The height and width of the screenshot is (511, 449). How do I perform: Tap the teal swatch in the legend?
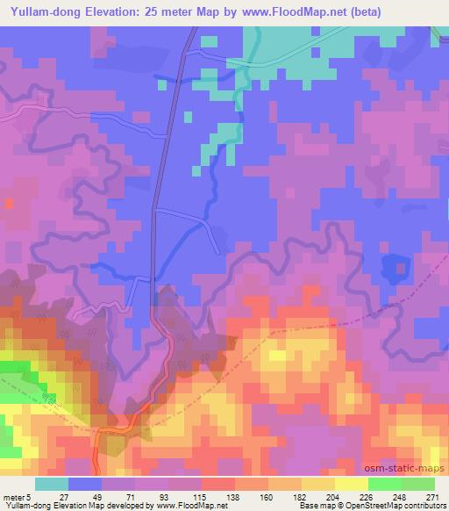pyautogui.click(x=52, y=484)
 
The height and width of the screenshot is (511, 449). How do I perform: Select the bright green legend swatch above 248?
pyautogui.click(x=384, y=484)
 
